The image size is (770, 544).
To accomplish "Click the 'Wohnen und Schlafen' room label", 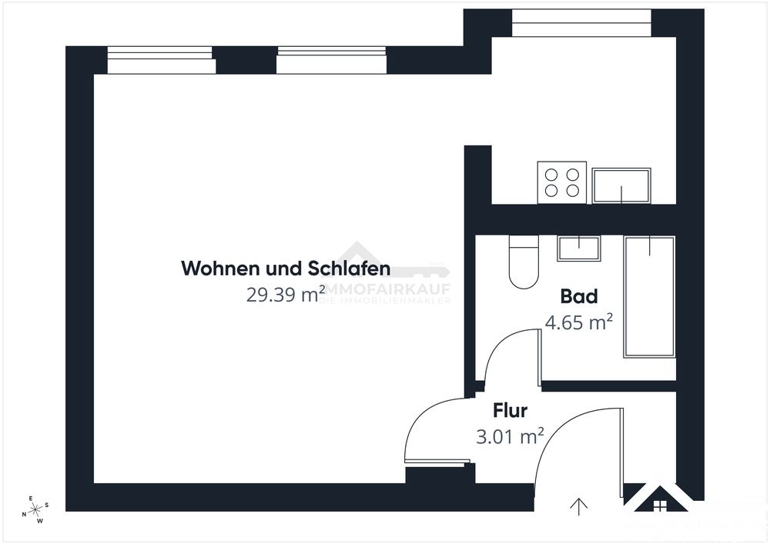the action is click(x=286, y=269).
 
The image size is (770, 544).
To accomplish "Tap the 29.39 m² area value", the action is click(x=281, y=294).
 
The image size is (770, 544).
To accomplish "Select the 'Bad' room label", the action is click(x=579, y=296).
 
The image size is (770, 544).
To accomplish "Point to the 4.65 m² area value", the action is click(x=578, y=322).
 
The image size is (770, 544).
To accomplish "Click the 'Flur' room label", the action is click(x=510, y=410).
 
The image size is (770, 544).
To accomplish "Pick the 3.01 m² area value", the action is click(x=510, y=436).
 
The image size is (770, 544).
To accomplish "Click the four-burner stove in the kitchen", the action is click(x=561, y=182).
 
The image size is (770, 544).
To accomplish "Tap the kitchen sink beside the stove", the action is click(x=621, y=185).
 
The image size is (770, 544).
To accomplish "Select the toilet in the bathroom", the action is click(x=524, y=262).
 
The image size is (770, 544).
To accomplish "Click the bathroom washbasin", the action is click(x=578, y=249).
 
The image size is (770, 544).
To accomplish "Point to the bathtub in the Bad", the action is click(x=649, y=296).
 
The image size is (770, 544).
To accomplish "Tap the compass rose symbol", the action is click(x=35, y=509).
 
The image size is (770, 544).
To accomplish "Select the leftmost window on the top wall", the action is click(x=160, y=60).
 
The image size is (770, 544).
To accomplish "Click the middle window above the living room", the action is click(x=331, y=60).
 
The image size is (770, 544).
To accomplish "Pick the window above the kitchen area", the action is click(x=581, y=23).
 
